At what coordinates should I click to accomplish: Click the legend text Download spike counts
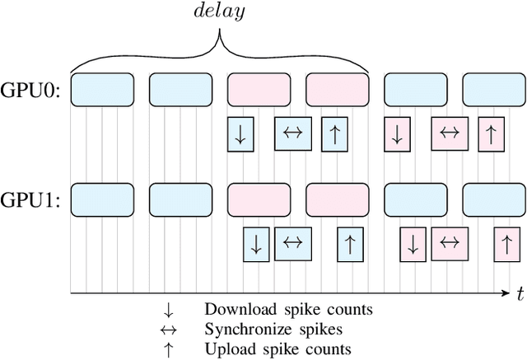pos(288,311)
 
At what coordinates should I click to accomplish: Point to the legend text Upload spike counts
pos(277,349)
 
